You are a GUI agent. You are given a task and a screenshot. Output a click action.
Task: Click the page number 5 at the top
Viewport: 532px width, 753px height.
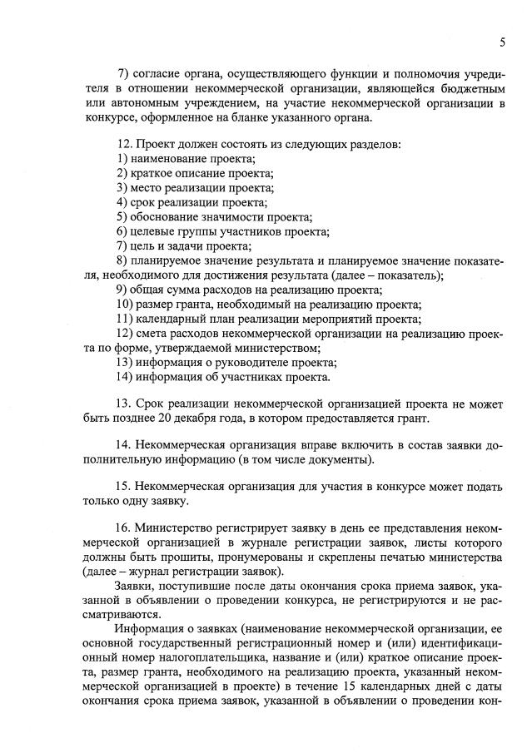click(502, 42)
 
